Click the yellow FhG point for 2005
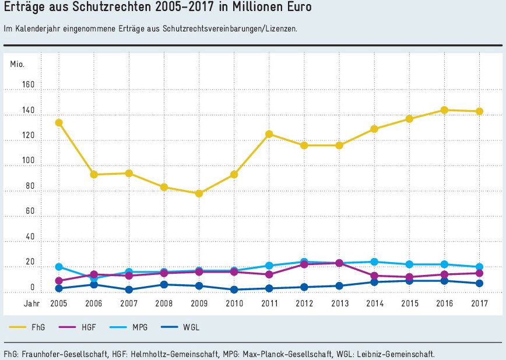point(59,123)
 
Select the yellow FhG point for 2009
point(199,193)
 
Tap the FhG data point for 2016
point(444,110)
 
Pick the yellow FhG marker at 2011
point(269,134)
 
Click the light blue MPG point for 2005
point(59,267)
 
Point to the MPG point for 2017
point(479,267)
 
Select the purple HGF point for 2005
point(59,281)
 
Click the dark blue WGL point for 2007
point(129,290)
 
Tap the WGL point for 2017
point(479,283)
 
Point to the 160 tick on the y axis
point(29,85)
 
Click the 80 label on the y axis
point(30,186)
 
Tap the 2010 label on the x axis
point(234,303)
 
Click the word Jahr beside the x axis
point(31,303)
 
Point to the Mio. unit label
point(17,63)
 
